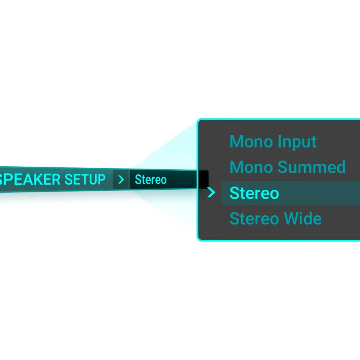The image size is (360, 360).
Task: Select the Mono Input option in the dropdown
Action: (273, 142)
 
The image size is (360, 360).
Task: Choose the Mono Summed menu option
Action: (288, 167)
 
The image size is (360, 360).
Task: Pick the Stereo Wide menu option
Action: (275, 218)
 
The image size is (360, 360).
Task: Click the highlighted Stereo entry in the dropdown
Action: (254, 193)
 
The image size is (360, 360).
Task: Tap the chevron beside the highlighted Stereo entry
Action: (211, 192)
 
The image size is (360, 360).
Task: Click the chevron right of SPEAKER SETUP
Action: (121, 179)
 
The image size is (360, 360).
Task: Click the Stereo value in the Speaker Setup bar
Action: (151, 179)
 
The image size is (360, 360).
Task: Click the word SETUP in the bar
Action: (85, 179)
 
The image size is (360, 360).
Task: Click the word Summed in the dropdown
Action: (311, 167)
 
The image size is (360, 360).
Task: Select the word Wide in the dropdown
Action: (303, 218)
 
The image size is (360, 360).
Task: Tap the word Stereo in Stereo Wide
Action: (254, 219)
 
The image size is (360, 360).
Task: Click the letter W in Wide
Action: (292, 218)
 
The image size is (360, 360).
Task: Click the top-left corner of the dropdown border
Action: (198, 120)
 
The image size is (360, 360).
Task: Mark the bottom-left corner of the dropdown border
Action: (198, 240)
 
